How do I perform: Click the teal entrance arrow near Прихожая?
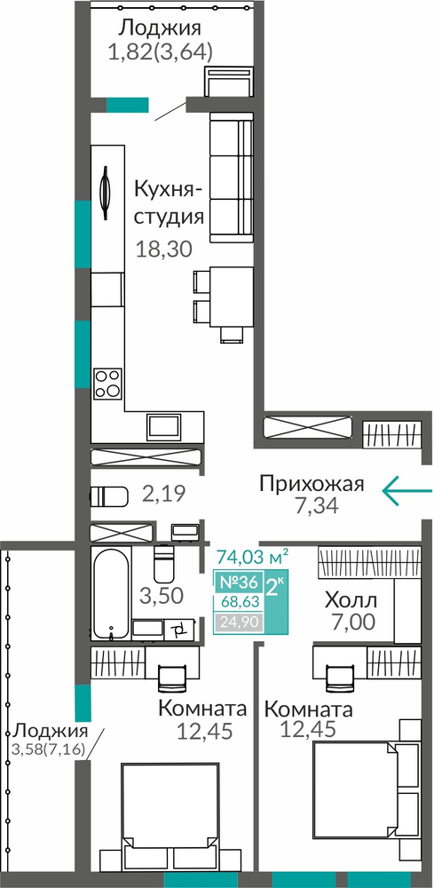click(406, 490)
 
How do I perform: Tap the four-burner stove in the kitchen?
click(107, 384)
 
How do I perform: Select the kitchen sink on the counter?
click(164, 425)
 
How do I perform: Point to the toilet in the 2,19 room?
click(108, 496)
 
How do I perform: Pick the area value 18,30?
click(164, 248)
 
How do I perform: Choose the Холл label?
click(351, 600)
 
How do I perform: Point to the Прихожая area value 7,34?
click(316, 506)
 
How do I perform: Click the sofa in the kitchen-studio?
click(231, 178)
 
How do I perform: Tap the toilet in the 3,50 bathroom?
click(164, 564)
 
